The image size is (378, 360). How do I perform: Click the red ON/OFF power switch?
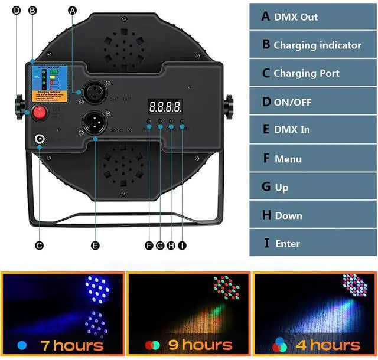pyautogui.click(x=39, y=112)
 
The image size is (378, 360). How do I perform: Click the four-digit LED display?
pyautogui.click(x=165, y=107)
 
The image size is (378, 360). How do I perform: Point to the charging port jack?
pyautogui.click(x=40, y=140)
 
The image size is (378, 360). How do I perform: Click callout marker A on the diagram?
pyautogui.click(x=73, y=10)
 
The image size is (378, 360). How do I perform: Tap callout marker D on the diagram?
pyautogui.click(x=16, y=10)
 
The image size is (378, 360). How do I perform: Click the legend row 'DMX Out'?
pyautogui.click(x=313, y=17)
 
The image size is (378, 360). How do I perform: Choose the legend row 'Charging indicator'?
pyautogui.click(x=313, y=45)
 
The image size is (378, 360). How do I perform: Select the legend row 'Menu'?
pyautogui.click(x=313, y=159)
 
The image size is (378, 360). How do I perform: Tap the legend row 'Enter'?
pyautogui.click(x=313, y=243)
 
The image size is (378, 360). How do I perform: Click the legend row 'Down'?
pyautogui.click(x=313, y=215)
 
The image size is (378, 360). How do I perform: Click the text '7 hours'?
pyautogui.click(x=71, y=345)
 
